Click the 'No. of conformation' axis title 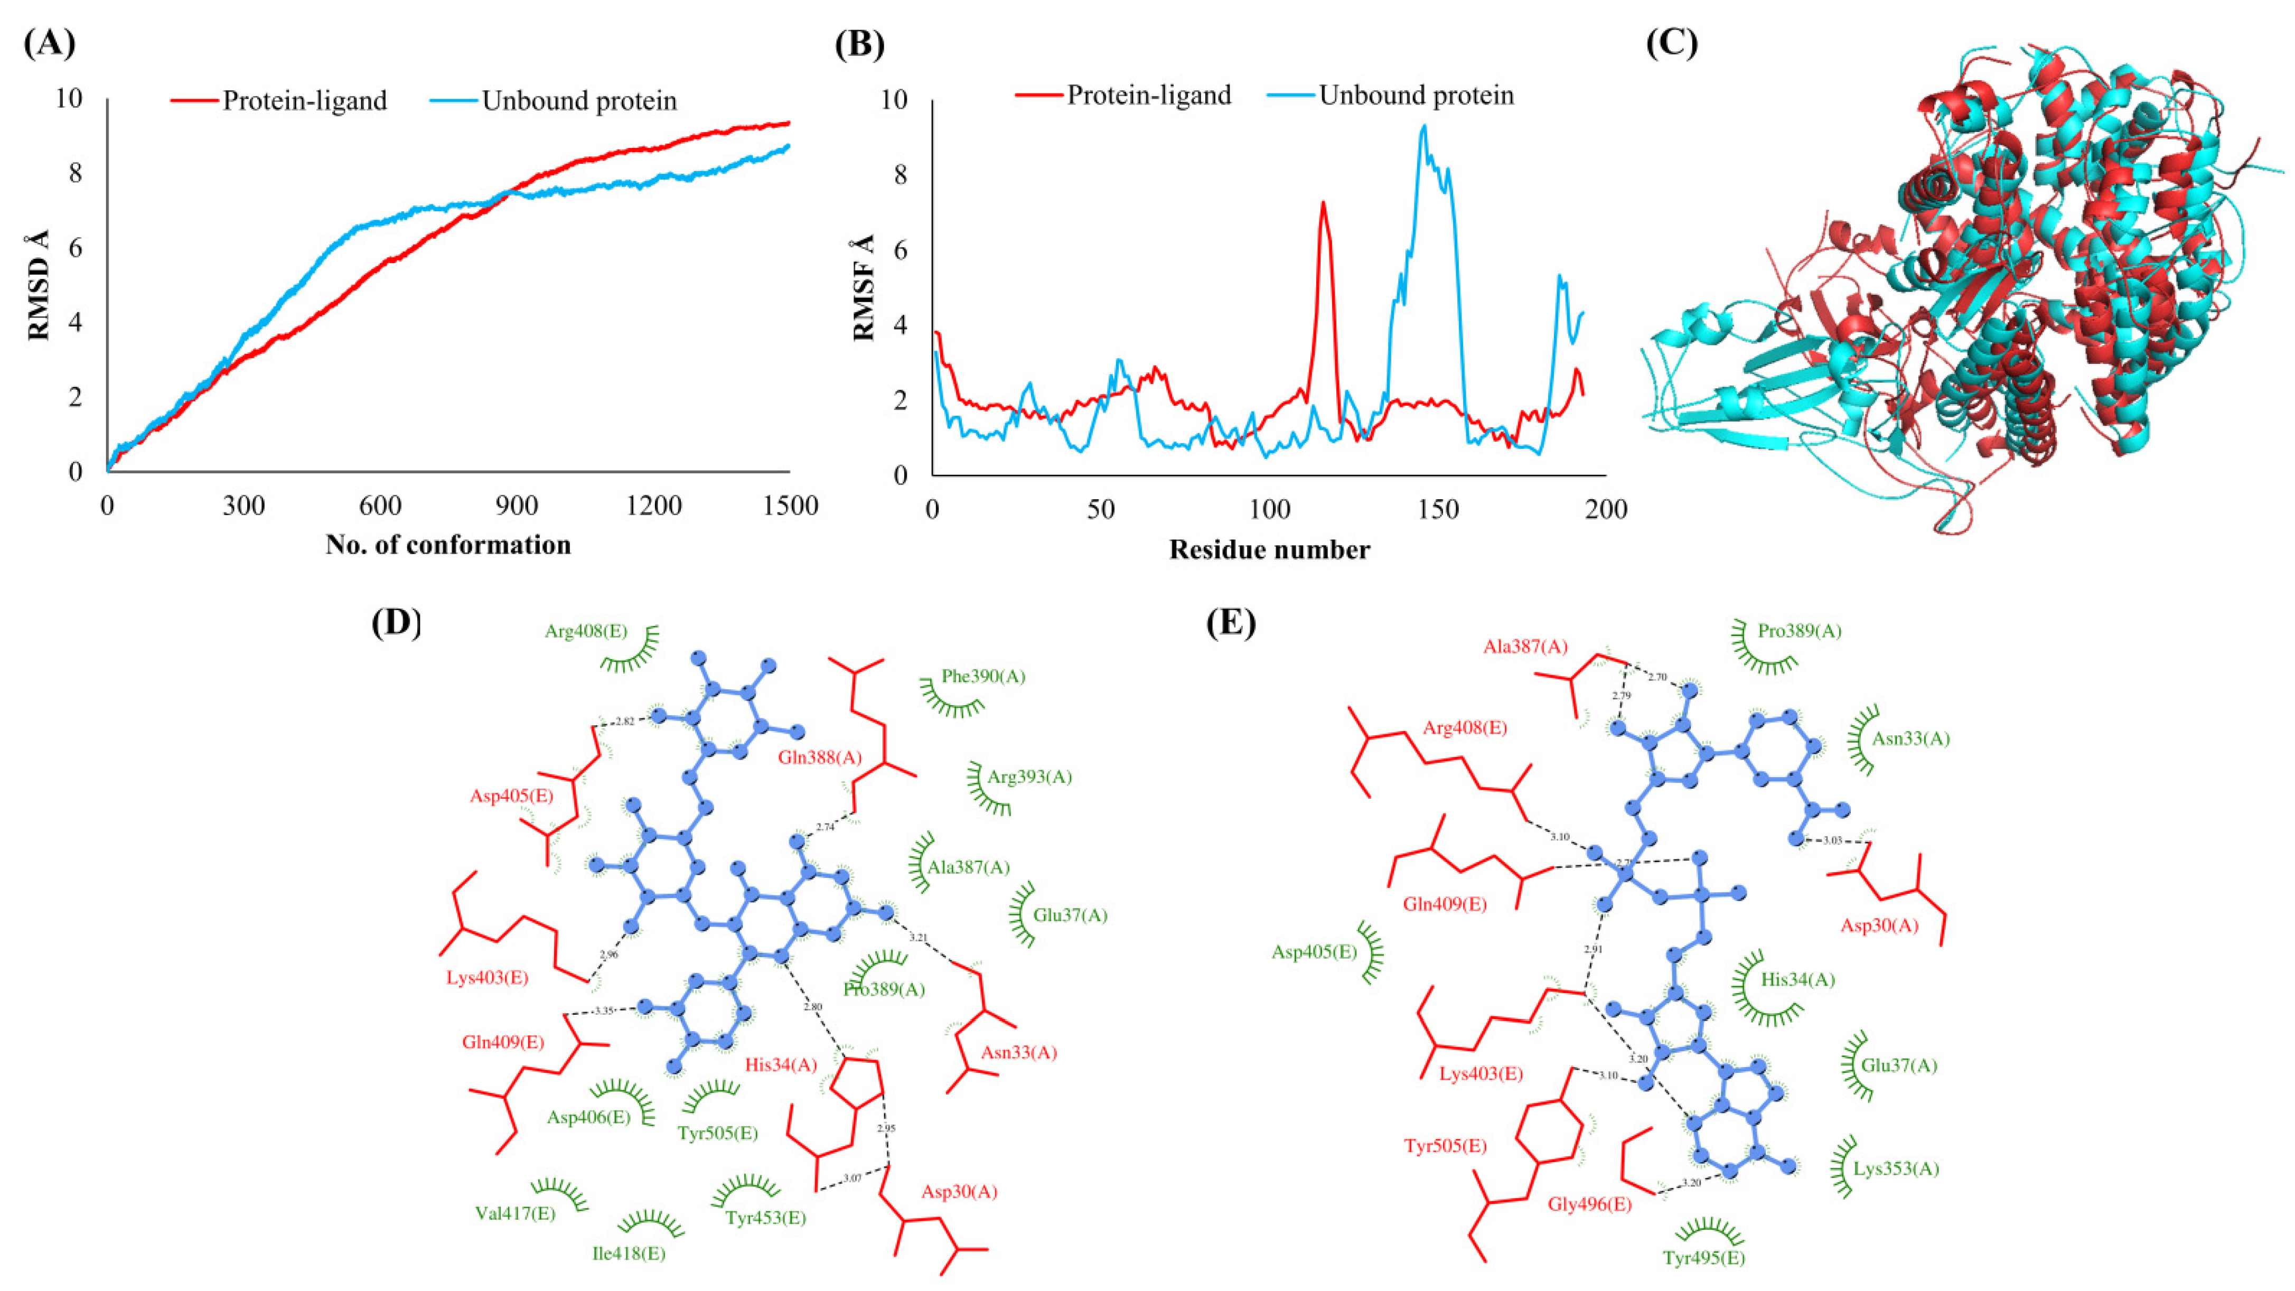tap(448, 545)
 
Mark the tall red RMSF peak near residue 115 tap(1323, 203)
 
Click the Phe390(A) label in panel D tap(983, 676)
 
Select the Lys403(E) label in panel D tap(488, 977)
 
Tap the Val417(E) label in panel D tap(515, 1213)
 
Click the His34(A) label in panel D tap(781, 1064)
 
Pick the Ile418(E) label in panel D tap(629, 1253)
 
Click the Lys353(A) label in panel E tap(1896, 1168)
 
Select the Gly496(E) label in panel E tap(1589, 1204)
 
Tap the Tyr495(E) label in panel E tap(1703, 1258)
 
